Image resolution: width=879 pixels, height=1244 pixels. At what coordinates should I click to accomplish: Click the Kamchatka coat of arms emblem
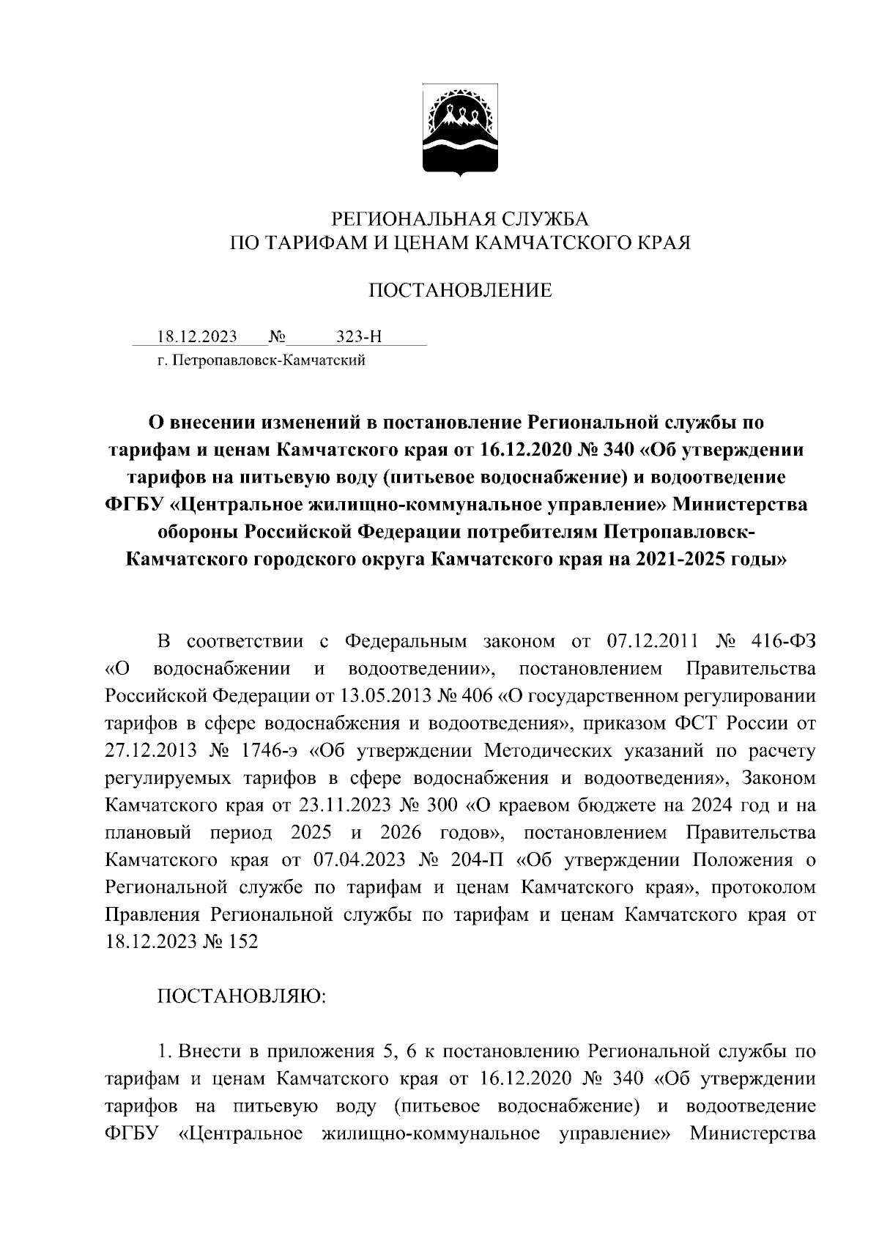pos(460,130)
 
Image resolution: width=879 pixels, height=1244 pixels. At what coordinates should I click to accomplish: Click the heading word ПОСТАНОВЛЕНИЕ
pos(459,291)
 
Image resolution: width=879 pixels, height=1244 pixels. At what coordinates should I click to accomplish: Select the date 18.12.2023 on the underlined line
pos(197,337)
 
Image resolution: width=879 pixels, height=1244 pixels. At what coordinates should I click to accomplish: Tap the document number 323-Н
pos(359,337)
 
